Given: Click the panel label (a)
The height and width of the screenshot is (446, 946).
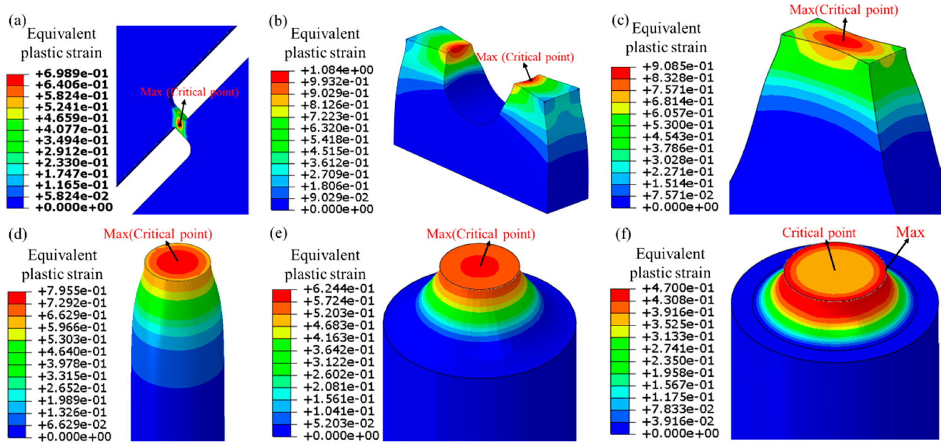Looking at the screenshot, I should pos(17,22).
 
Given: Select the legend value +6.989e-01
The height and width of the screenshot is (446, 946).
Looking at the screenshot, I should pos(72,73).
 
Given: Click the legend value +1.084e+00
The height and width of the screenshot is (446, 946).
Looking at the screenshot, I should pos(337,70).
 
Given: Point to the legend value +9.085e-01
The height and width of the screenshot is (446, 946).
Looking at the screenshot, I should pos(677,66).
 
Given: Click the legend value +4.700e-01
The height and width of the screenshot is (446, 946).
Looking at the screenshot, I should pos(678,287).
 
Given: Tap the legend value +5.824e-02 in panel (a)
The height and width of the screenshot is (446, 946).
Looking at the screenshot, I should pos(72,196).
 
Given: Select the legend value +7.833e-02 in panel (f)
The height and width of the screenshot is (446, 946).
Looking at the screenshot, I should pos(678,409).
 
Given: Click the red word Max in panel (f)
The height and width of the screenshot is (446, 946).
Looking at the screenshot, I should pos(909,232).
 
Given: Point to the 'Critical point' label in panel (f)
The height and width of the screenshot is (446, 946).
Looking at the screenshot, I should pos(818,233).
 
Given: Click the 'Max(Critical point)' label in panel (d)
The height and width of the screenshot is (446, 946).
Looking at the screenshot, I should pos(158,234).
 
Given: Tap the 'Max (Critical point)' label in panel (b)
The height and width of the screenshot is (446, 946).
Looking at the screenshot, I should pos(525,57).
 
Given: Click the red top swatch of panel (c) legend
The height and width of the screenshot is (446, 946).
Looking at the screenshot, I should pos(621,73).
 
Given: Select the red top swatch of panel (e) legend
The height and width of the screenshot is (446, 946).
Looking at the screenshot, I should pos(281,295).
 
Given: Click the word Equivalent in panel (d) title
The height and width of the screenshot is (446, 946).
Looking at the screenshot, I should pos(62,255).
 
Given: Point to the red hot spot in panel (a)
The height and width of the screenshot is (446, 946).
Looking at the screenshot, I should pos(179,124).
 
